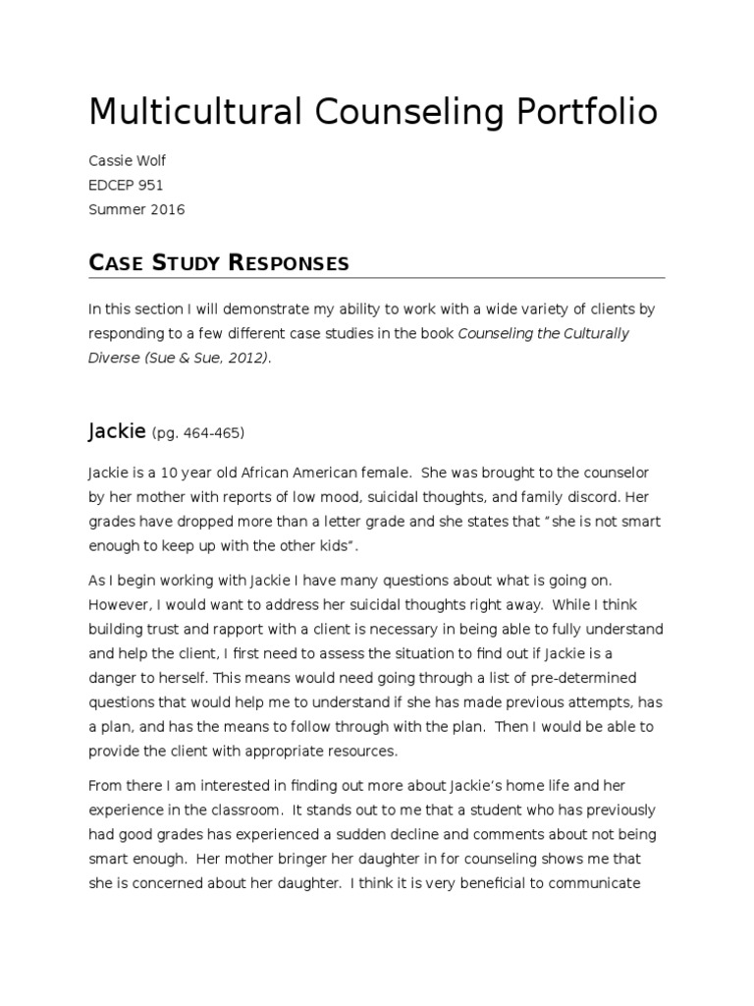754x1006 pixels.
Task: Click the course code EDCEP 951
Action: tap(127, 184)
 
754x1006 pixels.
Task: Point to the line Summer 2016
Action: tap(136, 209)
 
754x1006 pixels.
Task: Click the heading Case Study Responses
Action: tap(218, 262)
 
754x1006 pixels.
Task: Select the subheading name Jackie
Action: tap(116, 430)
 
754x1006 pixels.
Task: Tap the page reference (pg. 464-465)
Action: tap(197, 433)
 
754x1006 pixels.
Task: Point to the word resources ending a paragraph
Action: tap(361, 751)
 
